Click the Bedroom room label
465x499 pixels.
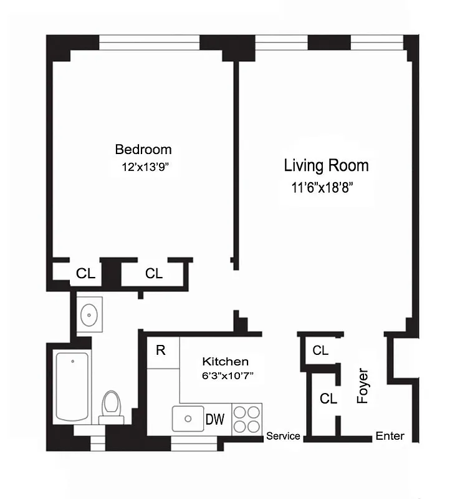click(x=143, y=150)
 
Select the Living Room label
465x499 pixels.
click(x=326, y=165)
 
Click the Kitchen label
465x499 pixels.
click(x=225, y=362)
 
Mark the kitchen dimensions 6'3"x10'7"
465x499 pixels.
click(x=225, y=376)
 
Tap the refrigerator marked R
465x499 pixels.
click(x=161, y=351)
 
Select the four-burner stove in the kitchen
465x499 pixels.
click(x=246, y=419)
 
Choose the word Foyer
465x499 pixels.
click(x=363, y=387)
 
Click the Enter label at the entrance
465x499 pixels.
click(x=390, y=437)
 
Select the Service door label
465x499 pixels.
click(x=283, y=436)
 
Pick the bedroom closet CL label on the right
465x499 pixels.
click(x=153, y=273)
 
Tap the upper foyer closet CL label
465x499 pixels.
click(x=320, y=351)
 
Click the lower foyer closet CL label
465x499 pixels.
click(x=328, y=398)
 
